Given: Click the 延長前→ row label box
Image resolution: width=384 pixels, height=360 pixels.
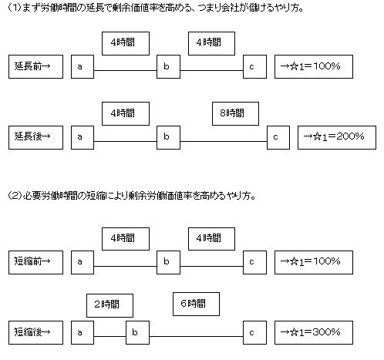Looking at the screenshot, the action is click(35, 66).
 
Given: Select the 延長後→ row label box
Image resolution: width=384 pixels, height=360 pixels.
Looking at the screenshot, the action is click(35, 137).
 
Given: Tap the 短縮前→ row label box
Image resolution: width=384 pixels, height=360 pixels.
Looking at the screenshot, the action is click(35, 262).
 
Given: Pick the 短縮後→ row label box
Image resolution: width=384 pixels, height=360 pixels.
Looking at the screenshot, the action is click(35, 332).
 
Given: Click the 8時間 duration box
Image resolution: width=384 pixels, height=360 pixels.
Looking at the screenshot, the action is click(235, 113).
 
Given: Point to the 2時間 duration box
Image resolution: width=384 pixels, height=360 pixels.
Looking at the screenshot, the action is click(109, 305).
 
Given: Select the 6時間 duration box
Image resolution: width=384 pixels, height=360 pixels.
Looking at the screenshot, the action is click(196, 304).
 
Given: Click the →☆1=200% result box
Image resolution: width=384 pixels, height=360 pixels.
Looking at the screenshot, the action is click(337, 137).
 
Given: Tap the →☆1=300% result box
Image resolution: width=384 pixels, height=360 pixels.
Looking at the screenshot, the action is click(314, 332).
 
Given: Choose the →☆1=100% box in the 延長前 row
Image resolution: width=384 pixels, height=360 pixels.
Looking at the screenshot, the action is click(314, 66).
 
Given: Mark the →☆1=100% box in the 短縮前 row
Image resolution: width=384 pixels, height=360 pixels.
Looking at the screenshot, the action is click(314, 262).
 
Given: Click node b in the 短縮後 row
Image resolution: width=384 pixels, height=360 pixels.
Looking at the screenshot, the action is click(137, 332).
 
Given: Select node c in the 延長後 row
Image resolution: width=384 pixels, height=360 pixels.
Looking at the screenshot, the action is click(278, 137).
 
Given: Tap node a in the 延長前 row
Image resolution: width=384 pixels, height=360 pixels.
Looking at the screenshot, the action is click(83, 66).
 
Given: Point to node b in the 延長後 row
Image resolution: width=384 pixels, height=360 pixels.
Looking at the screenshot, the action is click(168, 137).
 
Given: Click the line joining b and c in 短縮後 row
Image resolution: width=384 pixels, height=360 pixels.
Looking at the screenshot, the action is click(197, 336).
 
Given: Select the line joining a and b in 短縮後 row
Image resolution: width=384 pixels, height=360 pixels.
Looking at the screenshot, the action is click(109, 336).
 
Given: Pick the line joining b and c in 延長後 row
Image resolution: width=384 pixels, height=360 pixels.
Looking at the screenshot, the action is click(224, 141).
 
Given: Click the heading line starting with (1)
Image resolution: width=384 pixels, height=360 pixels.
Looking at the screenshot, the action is click(156, 8).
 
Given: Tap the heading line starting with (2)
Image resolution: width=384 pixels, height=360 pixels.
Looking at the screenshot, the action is click(132, 196).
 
